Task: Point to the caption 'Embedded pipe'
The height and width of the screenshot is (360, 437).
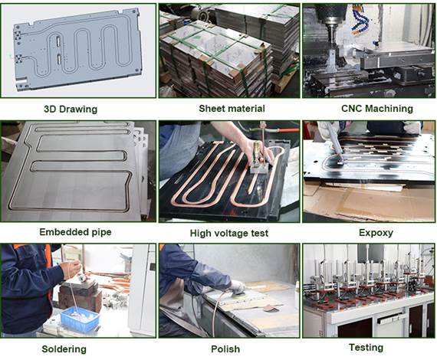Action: click(75, 231)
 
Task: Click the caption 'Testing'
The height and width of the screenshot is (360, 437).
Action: click(366, 348)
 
